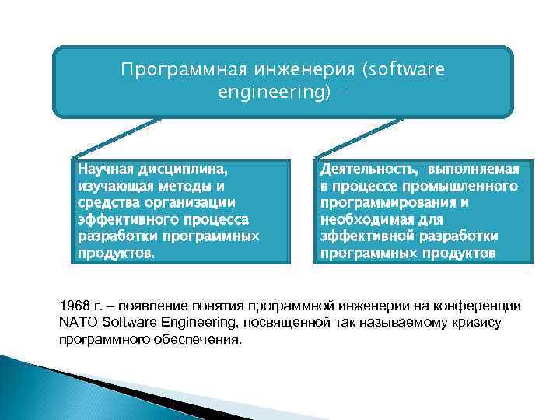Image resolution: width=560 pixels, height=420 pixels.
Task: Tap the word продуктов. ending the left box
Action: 116,252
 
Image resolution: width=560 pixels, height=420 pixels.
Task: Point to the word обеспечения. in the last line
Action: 202,340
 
